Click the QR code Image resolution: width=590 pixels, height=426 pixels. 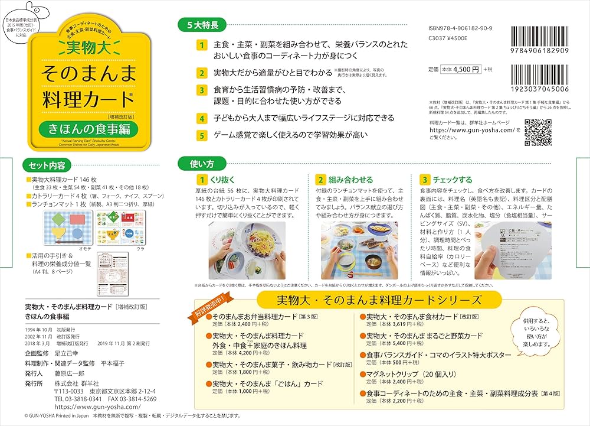click(x=537, y=132)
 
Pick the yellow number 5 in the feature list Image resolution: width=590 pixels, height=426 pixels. click(x=202, y=135)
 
